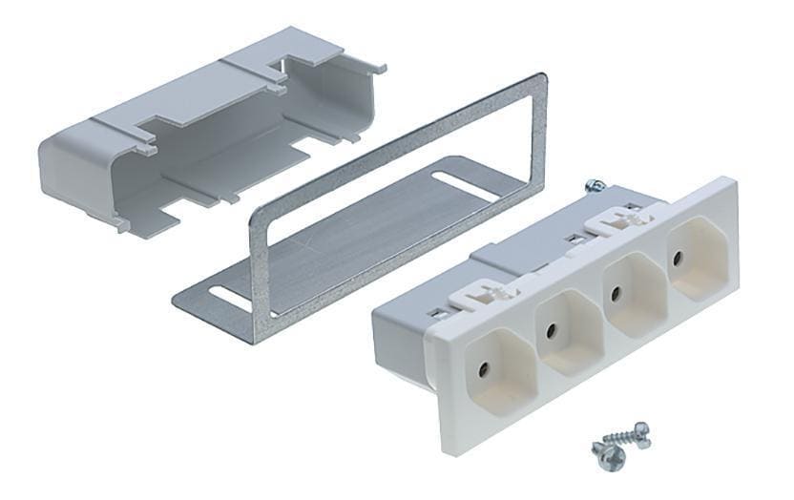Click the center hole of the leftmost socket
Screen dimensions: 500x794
click(485, 366)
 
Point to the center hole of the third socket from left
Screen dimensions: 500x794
click(616, 292)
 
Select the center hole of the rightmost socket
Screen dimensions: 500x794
click(678, 258)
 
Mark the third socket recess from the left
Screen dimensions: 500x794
click(624, 294)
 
